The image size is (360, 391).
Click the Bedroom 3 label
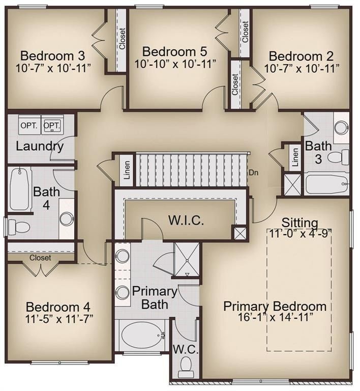tap(52, 55)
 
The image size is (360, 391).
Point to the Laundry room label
tap(40, 147)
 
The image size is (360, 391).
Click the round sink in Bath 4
tap(66, 220)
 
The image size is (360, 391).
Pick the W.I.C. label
tap(186, 220)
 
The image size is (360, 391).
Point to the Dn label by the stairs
tap(254, 173)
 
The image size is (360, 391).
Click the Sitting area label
tap(300, 222)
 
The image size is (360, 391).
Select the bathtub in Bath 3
tap(327, 184)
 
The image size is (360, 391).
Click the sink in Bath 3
tap(341, 127)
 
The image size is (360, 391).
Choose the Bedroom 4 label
tap(58, 307)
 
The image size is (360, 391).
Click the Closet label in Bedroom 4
tap(40, 258)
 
